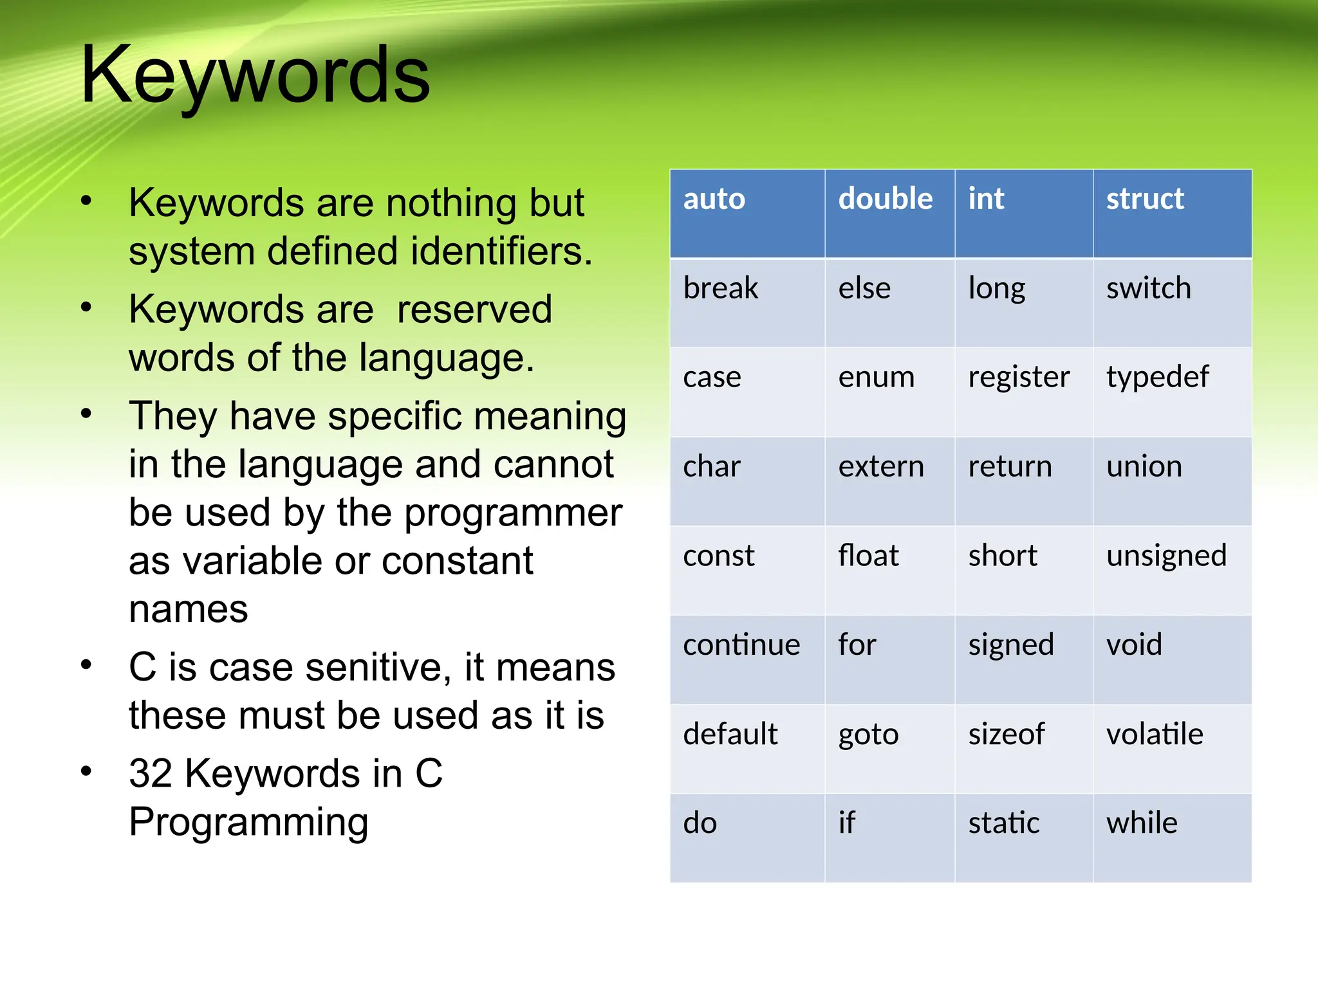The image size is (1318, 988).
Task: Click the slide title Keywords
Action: (x=255, y=75)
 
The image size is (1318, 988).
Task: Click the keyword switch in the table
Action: (x=1148, y=288)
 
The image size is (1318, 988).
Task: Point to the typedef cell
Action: (x=1157, y=378)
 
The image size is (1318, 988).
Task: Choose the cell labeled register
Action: (x=1018, y=378)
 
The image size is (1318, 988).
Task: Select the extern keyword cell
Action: (x=880, y=467)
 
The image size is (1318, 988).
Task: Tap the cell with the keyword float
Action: (x=868, y=556)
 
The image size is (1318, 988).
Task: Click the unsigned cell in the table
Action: (x=1166, y=556)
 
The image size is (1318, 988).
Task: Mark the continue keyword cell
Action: (x=741, y=645)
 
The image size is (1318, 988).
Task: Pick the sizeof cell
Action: (x=1006, y=735)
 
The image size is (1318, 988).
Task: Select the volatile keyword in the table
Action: (x=1155, y=735)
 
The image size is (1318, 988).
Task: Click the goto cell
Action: (x=868, y=735)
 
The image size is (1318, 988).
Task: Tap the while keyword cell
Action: (x=1142, y=823)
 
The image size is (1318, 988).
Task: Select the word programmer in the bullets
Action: (x=513, y=513)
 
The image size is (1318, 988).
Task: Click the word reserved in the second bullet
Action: (x=474, y=310)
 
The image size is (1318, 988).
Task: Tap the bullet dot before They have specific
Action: (x=86, y=414)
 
